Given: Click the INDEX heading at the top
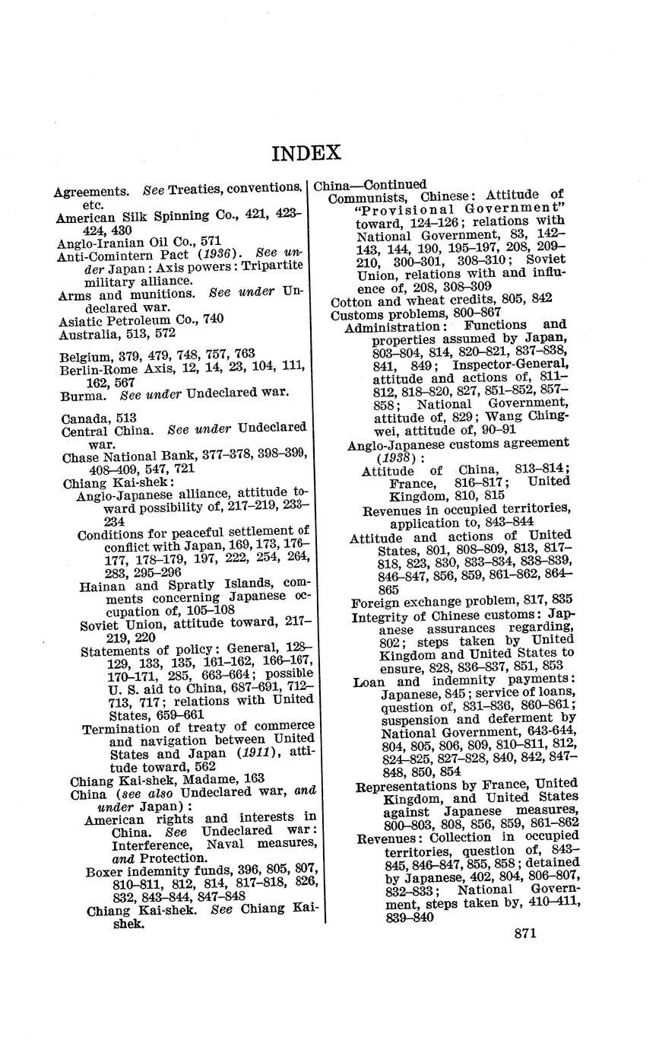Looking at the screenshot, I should (306, 153).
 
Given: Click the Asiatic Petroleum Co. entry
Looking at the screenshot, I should (141, 320).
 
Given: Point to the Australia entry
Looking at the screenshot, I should (117, 333).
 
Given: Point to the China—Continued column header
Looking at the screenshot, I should (369, 185).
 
